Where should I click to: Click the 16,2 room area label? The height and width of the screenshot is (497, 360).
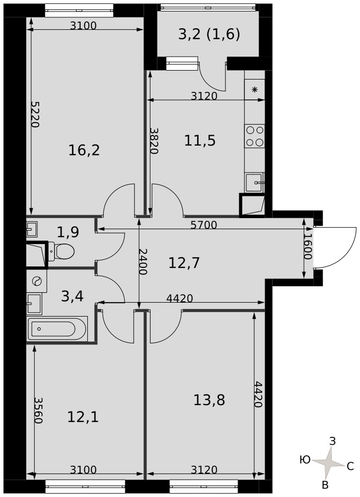click(x=84, y=150)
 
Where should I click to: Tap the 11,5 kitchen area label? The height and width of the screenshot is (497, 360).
click(x=200, y=141)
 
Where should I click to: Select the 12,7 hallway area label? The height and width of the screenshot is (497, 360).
click(x=184, y=263)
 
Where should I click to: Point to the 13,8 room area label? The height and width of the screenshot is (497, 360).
click(x=209, y=400)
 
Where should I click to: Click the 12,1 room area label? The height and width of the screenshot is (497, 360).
click(x=83, y=417)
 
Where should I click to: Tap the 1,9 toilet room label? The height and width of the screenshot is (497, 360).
click(x=68, y=232)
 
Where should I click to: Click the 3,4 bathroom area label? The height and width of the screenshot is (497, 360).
click(x=72, y=296)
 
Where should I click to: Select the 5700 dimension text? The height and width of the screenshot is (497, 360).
click(x=204, y=225)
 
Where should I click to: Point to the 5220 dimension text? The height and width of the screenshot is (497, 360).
click(x=35, y=114)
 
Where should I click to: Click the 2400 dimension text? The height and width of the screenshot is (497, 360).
click(x=143, y=261)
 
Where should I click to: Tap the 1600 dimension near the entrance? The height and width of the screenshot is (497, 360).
click(x=308, y=247)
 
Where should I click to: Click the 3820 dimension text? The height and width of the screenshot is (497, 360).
click(x=154, y=141)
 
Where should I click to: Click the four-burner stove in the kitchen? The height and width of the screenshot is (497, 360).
click(x=255, y=136)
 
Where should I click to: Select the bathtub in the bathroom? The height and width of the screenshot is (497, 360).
click(x=57, y=329)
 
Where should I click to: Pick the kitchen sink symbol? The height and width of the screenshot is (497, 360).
click(x=255, y=182)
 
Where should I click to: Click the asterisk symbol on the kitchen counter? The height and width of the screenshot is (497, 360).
click(x=255, y=89)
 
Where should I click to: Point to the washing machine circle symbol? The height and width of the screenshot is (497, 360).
click(x=37, y=281)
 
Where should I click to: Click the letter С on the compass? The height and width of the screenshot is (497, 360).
click(x=350, y=466)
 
